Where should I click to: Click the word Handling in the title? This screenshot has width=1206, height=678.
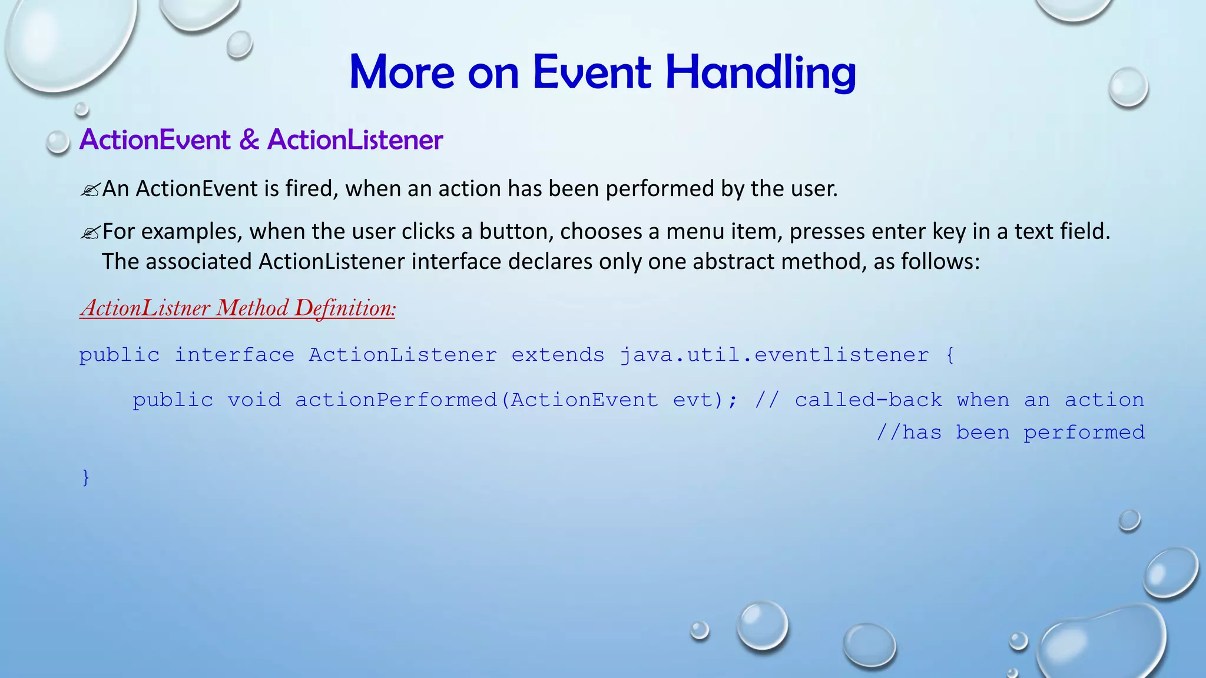click(760, 73)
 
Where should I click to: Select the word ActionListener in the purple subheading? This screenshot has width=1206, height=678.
click(355, 140)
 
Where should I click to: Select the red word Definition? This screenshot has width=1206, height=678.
click(344, 308)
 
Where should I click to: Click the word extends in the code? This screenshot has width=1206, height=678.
click(558, 355)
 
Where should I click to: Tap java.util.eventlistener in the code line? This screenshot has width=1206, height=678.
click(774, 355)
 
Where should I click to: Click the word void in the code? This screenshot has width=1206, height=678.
click(254, 400)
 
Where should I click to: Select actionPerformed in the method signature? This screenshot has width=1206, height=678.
click(396, 400)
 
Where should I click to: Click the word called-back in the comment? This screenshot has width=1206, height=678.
click(868, 400)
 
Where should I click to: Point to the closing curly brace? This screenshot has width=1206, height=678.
click(86, 477)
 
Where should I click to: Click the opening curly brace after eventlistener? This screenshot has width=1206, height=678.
click(950, 355)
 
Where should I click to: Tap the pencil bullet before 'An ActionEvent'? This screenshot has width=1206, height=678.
click(90, 190)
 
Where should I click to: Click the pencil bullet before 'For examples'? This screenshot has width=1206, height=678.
click(90, 233)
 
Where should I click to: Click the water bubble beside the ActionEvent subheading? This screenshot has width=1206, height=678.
click(58, 142)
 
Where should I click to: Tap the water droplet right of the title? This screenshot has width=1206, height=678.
click(1128, 87)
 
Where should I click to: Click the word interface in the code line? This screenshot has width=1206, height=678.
click(234, 355)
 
